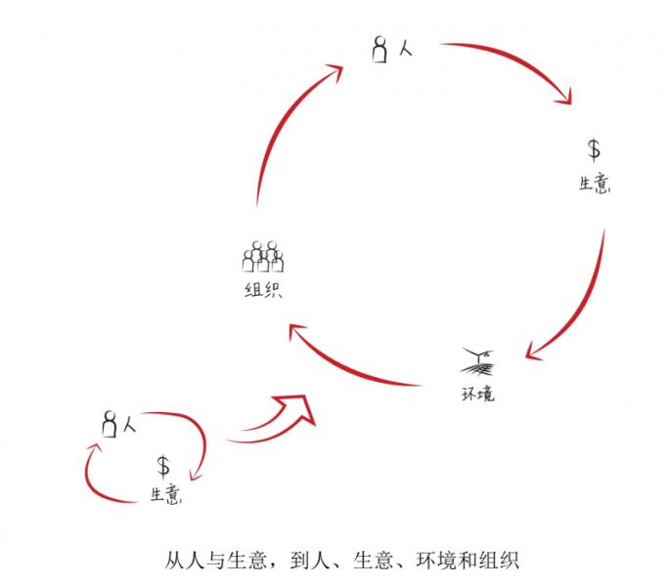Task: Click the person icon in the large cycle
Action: pos(380,50)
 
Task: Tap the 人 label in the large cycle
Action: pos(406,49)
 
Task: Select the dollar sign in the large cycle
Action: pos(594,150)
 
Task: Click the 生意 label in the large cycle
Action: pos(595,185)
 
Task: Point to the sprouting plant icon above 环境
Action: pos(478,362)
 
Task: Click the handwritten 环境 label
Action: pos(478,394)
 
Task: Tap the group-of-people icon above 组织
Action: pos(263,257)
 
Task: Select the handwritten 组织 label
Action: pos(263,290)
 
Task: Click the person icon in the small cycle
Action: pos(110,424)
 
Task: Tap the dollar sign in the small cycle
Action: pos(162,466)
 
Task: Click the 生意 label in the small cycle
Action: pos(166,494)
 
